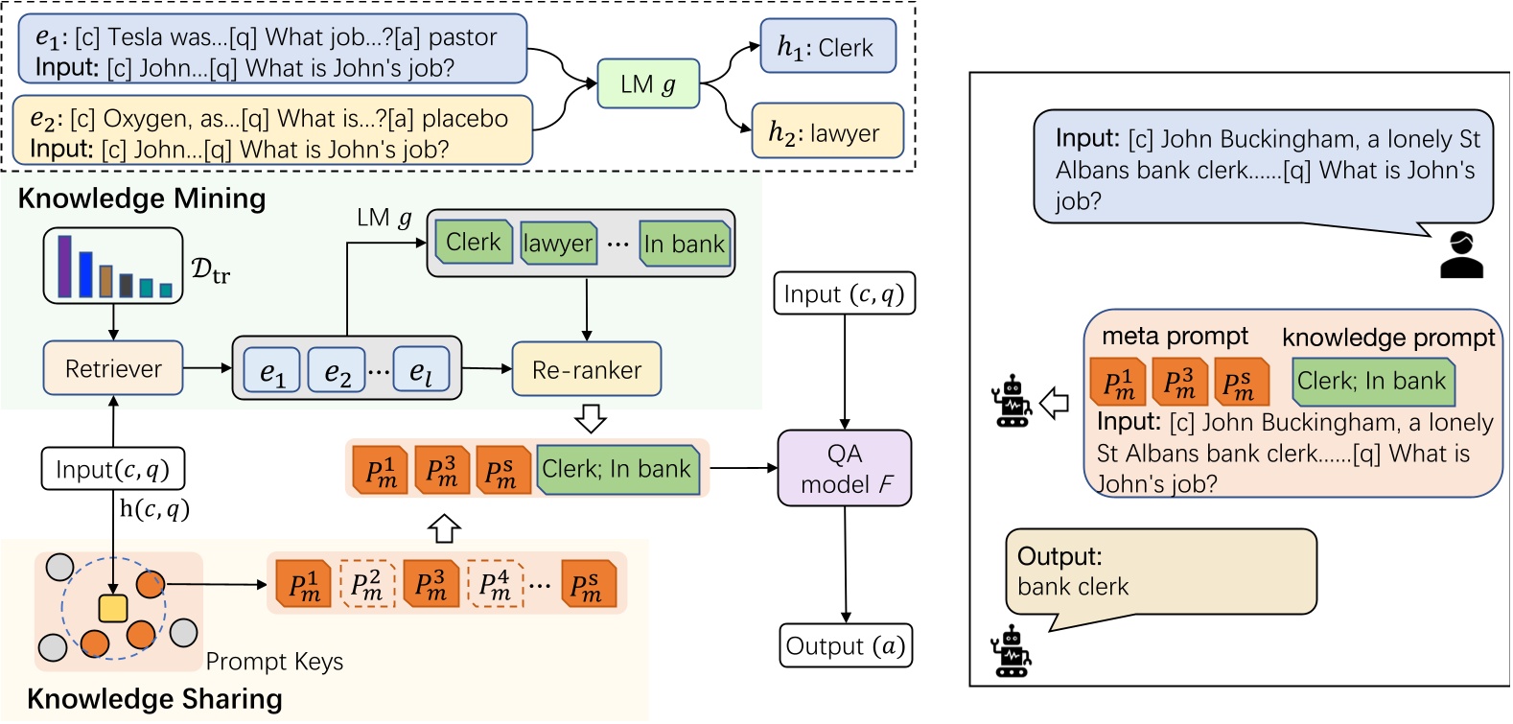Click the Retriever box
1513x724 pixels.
click(113, 368)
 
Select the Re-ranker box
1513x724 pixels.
click(587, 369)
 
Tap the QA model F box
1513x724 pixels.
click(844, 468)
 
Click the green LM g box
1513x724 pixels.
click(648, 84)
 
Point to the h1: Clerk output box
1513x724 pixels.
click(827, 47)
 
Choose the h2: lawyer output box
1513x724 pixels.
click(827, 131)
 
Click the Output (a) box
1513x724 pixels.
click(844, 645)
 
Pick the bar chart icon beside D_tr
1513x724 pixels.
click(113, 266)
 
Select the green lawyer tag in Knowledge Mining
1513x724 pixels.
click(558, 244)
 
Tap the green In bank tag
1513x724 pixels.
click(685, 244)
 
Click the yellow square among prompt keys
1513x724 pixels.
click(113, 608)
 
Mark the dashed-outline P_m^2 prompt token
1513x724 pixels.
click(366, 584)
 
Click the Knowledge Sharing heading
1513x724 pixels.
click(154, 699)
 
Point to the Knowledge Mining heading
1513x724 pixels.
click(142, 199)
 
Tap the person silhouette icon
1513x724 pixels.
click(1461, 255)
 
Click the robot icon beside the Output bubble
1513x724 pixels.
click(1011, 651)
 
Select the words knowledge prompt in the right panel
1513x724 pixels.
click(1388, 338)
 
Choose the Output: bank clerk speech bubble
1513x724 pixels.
click(1160, 572)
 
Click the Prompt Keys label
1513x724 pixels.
click(274, 662)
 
